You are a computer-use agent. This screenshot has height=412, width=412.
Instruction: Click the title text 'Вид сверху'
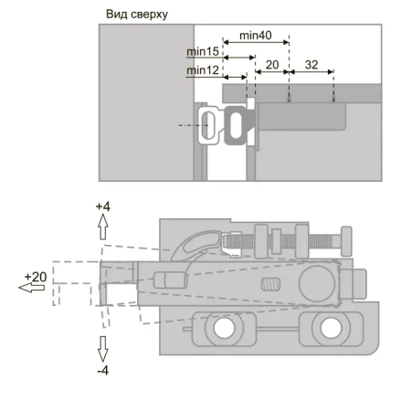137,15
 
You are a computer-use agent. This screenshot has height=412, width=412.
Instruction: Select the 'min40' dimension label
256,36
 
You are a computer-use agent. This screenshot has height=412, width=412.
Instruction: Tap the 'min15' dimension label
203,51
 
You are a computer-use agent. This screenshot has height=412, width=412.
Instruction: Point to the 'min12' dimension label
203,70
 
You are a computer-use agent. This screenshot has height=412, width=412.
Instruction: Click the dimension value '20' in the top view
272,65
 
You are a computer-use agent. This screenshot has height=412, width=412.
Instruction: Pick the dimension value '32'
312,65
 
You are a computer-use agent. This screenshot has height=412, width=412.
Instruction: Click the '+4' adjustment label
103,206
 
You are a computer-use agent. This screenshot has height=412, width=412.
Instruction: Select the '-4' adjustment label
103,371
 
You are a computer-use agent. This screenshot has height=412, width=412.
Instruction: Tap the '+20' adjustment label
36,277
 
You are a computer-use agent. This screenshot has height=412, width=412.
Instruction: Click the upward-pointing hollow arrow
103,227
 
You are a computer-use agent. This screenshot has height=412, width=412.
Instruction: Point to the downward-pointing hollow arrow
103,349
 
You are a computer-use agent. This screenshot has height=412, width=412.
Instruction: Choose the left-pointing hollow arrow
31,288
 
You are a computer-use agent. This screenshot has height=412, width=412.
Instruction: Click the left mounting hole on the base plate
224,328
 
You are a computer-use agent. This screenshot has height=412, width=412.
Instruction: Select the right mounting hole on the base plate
331,328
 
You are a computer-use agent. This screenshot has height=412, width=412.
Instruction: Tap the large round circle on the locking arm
317,283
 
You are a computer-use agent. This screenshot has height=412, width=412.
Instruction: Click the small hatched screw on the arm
270,284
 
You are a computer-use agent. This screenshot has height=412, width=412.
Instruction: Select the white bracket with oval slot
209,125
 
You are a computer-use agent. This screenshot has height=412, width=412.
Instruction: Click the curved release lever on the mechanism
197,244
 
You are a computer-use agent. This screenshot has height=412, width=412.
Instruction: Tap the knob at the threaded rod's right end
346,241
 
